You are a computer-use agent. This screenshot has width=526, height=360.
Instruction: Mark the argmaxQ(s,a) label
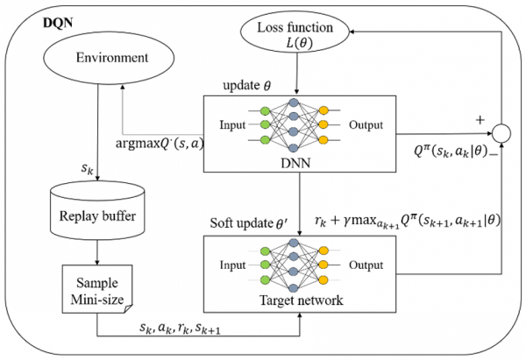click(159, 143)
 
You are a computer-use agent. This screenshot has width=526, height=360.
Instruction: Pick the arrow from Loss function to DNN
click(298, 76)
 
